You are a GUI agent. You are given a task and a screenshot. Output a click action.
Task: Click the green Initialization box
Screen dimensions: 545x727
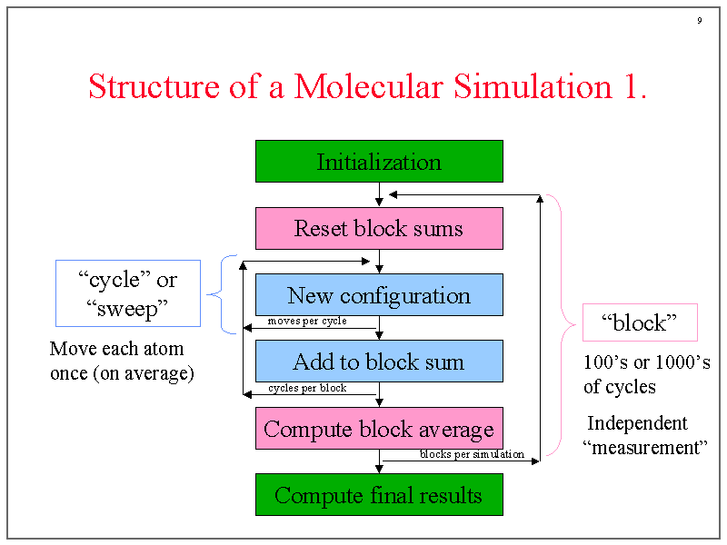tap(379, 162)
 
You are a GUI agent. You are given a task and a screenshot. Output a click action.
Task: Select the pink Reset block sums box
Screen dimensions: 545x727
tap(379, 228)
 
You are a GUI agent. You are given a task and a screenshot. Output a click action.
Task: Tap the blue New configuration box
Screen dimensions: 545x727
tap(379, 295)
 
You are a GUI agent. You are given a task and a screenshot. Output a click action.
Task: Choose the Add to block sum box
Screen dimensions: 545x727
tap(379, 362)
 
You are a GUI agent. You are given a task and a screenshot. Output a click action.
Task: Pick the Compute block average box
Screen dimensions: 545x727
tap(379, 428)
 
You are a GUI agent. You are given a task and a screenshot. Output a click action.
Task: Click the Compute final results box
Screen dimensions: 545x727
tap(379, 495)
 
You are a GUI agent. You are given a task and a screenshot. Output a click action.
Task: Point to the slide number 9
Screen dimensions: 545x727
tap(699, 21)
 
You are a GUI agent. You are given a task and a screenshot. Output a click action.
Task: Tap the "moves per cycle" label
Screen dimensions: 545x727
tap(307, 322)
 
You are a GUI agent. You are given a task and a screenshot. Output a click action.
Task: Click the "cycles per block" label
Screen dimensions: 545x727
tap(307, 388)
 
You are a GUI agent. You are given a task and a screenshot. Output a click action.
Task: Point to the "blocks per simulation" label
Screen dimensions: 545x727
tap(472, 454)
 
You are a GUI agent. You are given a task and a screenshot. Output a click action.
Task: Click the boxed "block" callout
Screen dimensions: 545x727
tap(640, 323)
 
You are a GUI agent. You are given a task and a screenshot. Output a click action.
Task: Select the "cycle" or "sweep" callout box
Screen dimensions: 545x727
tap(128, 293)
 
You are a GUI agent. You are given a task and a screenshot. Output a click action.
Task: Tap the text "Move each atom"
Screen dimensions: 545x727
tap(116, 349)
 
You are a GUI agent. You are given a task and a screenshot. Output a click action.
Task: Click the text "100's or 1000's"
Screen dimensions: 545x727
tap(646, 362)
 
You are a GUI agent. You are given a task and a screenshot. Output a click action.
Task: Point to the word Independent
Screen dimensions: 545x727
tap(637, 423)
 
